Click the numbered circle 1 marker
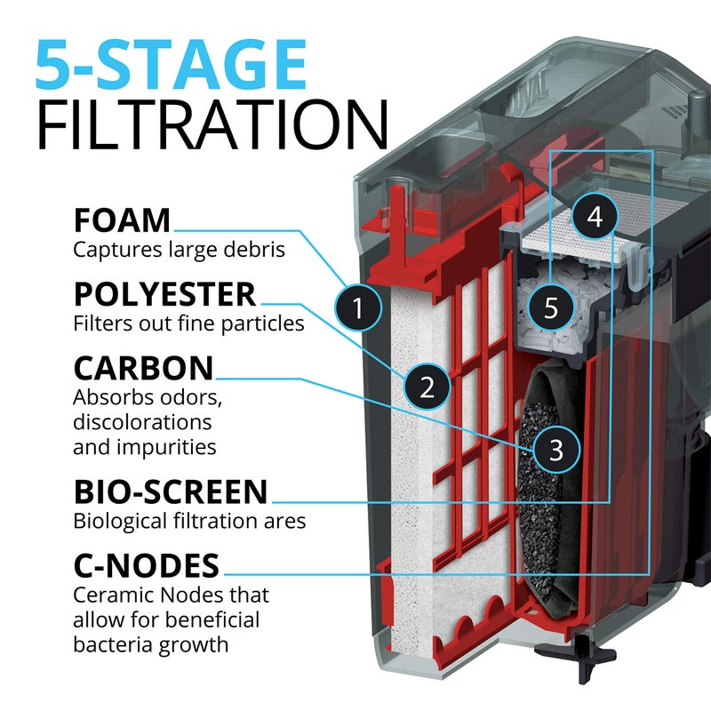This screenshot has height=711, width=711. [357, 308]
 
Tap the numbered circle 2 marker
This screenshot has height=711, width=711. [427, 386]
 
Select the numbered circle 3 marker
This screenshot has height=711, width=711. [555, 449]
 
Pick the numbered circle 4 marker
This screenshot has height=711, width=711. [595, 216]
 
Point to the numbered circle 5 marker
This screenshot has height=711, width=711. [551, 308]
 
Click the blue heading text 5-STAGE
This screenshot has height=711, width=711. [171, 63]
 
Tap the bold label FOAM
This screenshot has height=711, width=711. [121, 220]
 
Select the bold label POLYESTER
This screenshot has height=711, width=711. [164, 294]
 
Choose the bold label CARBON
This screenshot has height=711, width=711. [143, 368]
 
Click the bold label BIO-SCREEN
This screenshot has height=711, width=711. [170, 491]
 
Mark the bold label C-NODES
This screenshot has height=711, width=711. [147, 565]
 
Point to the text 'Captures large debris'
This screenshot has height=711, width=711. [179, 250]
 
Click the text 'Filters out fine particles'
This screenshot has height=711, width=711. [188, 324]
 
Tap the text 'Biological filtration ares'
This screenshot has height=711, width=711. [189, 521]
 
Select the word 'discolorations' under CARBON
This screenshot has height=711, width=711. [142, 420]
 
